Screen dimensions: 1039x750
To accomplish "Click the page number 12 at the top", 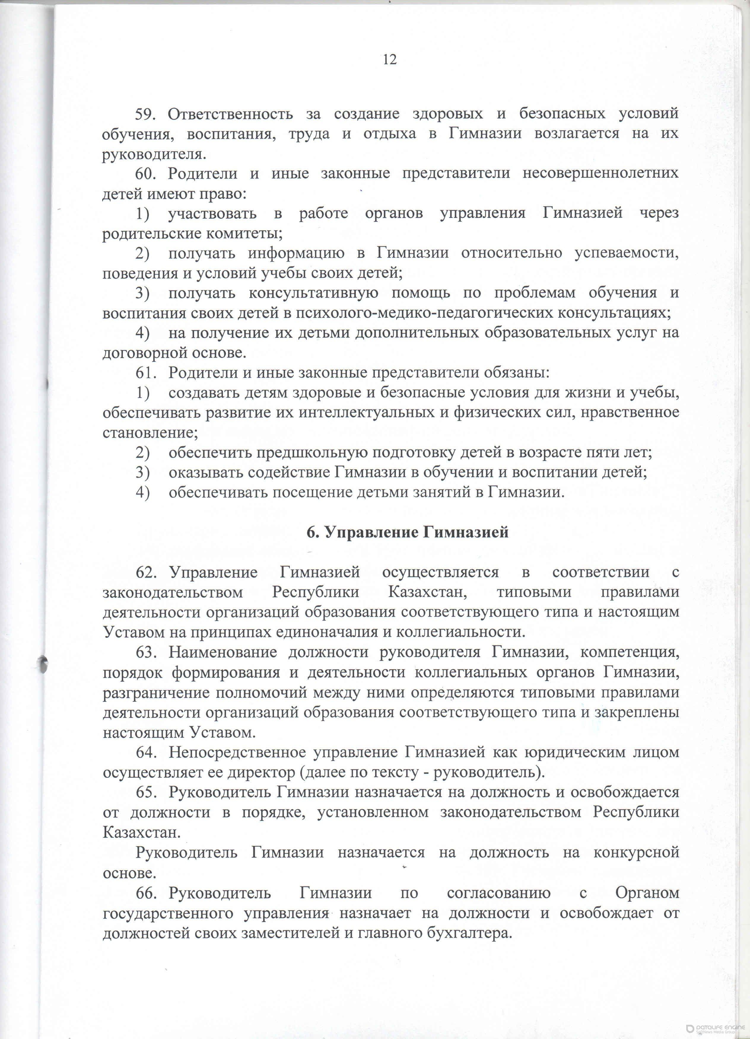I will point(390,60).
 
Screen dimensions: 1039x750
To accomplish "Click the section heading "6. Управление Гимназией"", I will point(408,532).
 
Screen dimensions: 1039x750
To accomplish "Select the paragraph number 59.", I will point(145,114).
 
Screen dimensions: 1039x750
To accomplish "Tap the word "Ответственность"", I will point(231,114).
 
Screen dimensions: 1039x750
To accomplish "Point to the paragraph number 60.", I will point(146,174).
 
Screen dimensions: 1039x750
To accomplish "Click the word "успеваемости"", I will point(626,253).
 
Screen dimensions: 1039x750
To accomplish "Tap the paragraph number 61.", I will point(146,373).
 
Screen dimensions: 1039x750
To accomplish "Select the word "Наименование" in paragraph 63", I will point(222,652).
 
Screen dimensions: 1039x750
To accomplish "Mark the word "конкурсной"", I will point(636,852).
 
